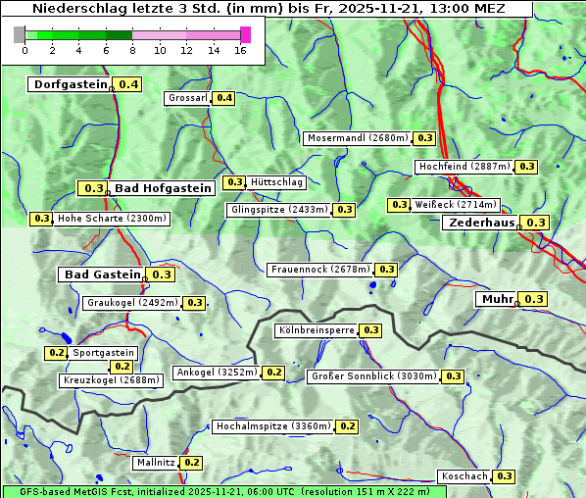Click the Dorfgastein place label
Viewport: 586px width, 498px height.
pos(70,84)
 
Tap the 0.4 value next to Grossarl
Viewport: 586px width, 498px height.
pos(224,98)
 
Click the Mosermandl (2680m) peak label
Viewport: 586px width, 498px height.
pos(358,138)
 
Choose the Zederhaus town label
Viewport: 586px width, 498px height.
pos(481,223)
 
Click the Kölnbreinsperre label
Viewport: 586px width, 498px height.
pos(316,330)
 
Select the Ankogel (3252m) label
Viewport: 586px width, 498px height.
pos(216,373)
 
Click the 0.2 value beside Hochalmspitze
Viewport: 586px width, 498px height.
pos(348,426)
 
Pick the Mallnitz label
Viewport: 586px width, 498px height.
pos(156,462)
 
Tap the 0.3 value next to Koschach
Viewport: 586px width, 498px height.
pos(504,476)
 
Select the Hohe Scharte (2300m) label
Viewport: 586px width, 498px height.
pos(112,219)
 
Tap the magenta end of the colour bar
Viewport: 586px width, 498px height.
pos(245,34)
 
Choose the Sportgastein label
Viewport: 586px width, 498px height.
pos(104,353)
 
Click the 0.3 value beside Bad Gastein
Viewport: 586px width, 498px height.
pos(162,274)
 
